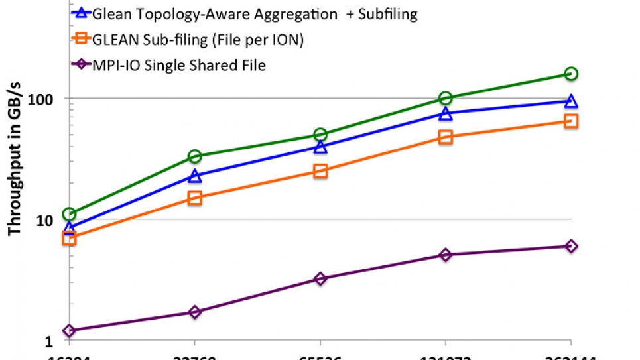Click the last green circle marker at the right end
pos(571,74)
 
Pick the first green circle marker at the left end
pos(69,214)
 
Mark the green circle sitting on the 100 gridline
pos(446,99)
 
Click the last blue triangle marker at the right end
pos(571,101)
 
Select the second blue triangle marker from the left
pos(194,176)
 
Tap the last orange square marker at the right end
pos(571,121)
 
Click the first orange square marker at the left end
pos(69,238)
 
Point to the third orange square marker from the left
pos(320,171)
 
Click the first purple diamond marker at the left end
pos(69,330)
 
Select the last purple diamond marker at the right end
pos(571,246)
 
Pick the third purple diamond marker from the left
pos(320,279)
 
